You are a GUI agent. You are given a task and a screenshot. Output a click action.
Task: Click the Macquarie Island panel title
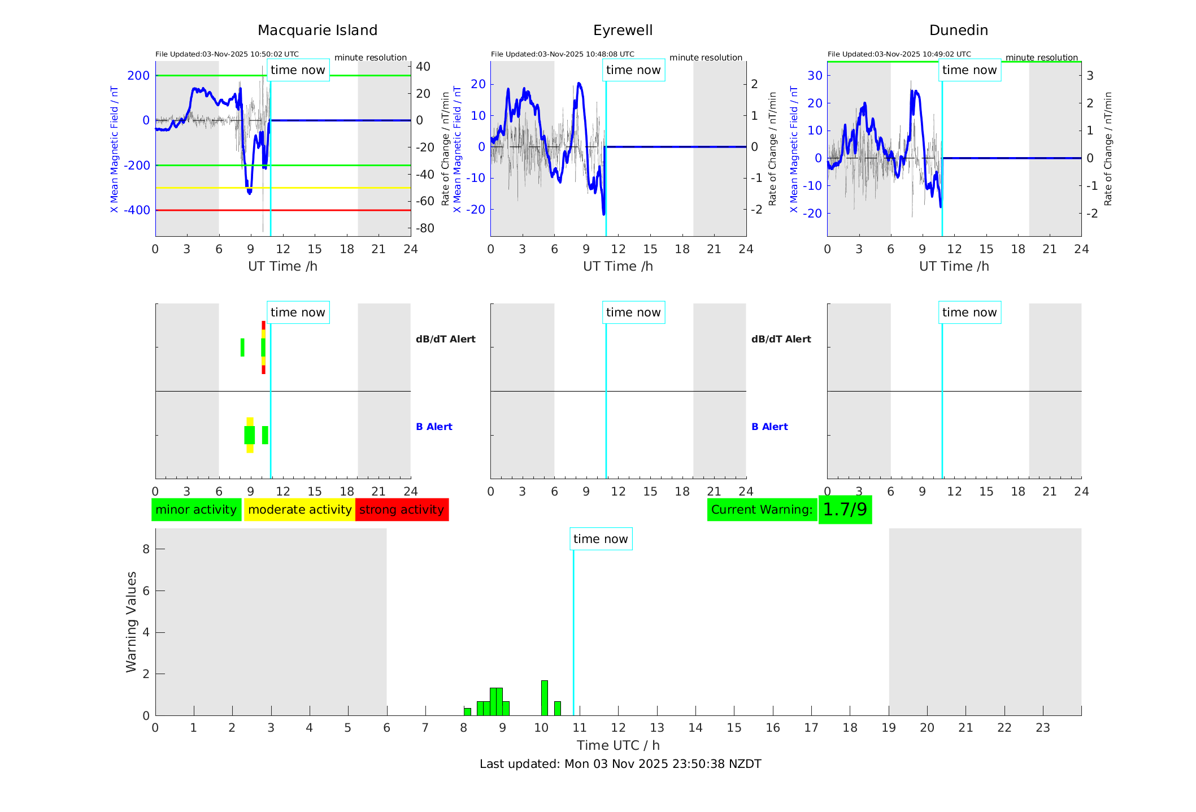(x=318, y=31)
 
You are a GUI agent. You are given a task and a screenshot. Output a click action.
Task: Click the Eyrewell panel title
(x=623, y=31)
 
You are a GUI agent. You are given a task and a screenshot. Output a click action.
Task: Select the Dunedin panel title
(x=958, y=31)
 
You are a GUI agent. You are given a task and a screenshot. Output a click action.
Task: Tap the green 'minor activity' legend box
(x=196, y=510)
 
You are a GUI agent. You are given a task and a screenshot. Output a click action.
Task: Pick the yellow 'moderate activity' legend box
(x=299, y=510)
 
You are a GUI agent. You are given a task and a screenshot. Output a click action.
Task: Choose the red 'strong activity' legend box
(x=402, y=510)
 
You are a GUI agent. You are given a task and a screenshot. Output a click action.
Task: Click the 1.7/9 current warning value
(x=845, y=510)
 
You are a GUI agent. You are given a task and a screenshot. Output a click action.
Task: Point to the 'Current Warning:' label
(x=762, y=510)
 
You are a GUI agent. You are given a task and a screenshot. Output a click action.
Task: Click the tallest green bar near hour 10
(x=545, y=698)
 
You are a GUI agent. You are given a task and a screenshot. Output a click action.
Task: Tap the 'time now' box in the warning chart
(x=601, y=539)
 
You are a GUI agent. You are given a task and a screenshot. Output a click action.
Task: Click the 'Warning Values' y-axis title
(x=132, y=622)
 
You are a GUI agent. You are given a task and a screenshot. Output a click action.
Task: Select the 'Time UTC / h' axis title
(x=618, y=745)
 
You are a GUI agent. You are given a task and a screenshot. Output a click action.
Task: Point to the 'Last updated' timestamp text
(x=620, y=764)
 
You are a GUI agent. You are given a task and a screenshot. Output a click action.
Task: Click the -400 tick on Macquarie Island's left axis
(x=137, y=210)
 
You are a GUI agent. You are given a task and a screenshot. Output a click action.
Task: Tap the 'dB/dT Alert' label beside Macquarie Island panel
(x=445, y=339)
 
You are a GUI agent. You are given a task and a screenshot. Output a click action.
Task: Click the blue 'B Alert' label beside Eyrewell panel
(x=769, y=427)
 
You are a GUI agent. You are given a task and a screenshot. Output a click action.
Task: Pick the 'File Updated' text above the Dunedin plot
(x=899, y=54)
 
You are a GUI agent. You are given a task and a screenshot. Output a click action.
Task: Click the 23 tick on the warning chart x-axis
(x=1042, y=728)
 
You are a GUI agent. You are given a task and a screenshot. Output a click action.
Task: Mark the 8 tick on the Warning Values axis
(x=146, y=549)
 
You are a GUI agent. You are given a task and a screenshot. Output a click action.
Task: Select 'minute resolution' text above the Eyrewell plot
(x=706, y=58)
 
